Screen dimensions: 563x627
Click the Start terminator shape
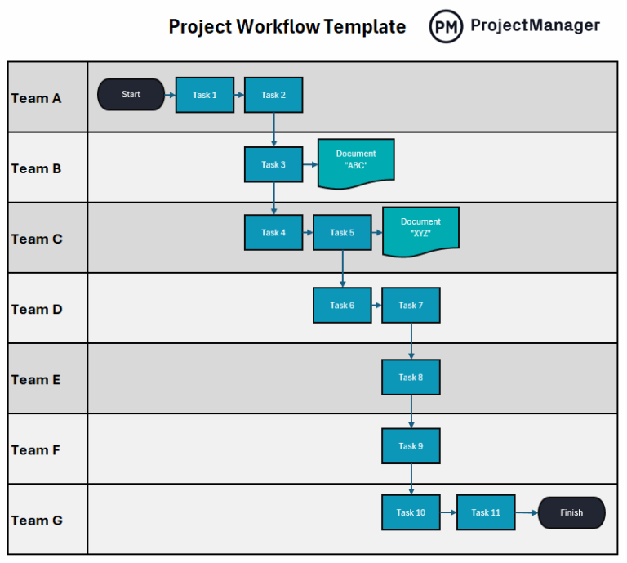[x=131, y=95]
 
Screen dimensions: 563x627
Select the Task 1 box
[x=205, y=95]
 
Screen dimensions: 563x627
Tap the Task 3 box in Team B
[x=273, y=164]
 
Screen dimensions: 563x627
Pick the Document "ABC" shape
[x=356, y=159]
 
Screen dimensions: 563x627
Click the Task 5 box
[x=342, y=233]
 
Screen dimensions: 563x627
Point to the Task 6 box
[x=342, y=306]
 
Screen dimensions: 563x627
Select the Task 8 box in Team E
[x=411, y=378]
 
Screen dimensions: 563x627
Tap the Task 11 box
[x=486, y=512]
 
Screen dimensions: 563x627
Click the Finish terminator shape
[x=571, y=512]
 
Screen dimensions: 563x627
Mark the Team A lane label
[x=37, y=98]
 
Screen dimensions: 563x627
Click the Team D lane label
[x=37, y=309]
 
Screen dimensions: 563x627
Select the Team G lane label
[x=37, y=520]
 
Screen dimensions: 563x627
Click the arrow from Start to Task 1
[x=170, y=95]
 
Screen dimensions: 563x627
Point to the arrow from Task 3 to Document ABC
[x=310, y=164]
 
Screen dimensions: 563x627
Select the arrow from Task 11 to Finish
[x=527, y=512]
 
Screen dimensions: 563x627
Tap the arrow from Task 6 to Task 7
[x=376, y=306]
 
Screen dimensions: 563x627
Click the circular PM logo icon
[x=446, y=26]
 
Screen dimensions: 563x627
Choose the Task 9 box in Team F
[x=411, y=446]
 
